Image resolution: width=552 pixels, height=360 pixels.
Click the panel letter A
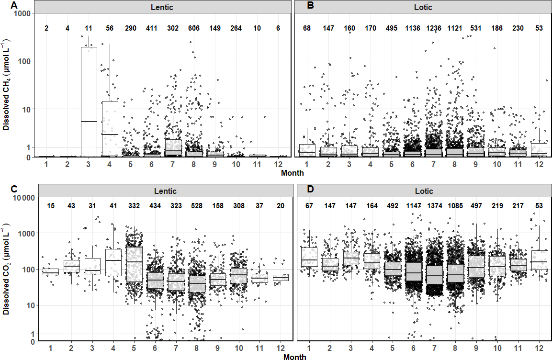14,5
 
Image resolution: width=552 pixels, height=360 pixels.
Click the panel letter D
310,189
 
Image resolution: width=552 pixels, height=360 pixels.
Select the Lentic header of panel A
162,7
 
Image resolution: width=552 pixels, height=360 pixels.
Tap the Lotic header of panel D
424,191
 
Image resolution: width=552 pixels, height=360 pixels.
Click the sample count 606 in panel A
193,28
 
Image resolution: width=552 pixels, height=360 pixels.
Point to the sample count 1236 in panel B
434,28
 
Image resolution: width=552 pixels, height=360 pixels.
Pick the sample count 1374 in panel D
434,206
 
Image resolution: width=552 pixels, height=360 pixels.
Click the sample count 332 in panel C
134,206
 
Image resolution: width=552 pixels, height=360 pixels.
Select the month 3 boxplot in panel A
89,102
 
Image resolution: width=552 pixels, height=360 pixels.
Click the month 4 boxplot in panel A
110,129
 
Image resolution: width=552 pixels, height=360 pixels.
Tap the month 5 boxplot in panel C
134,264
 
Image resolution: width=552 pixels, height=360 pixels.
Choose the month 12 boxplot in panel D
539,260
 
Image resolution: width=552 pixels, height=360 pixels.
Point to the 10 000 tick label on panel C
23,198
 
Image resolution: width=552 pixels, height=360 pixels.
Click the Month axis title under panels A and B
292,173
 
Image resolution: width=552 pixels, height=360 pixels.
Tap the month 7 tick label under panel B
433,164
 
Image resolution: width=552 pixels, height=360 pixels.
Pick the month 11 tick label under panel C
259,349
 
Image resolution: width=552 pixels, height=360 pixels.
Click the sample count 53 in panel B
539,28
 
